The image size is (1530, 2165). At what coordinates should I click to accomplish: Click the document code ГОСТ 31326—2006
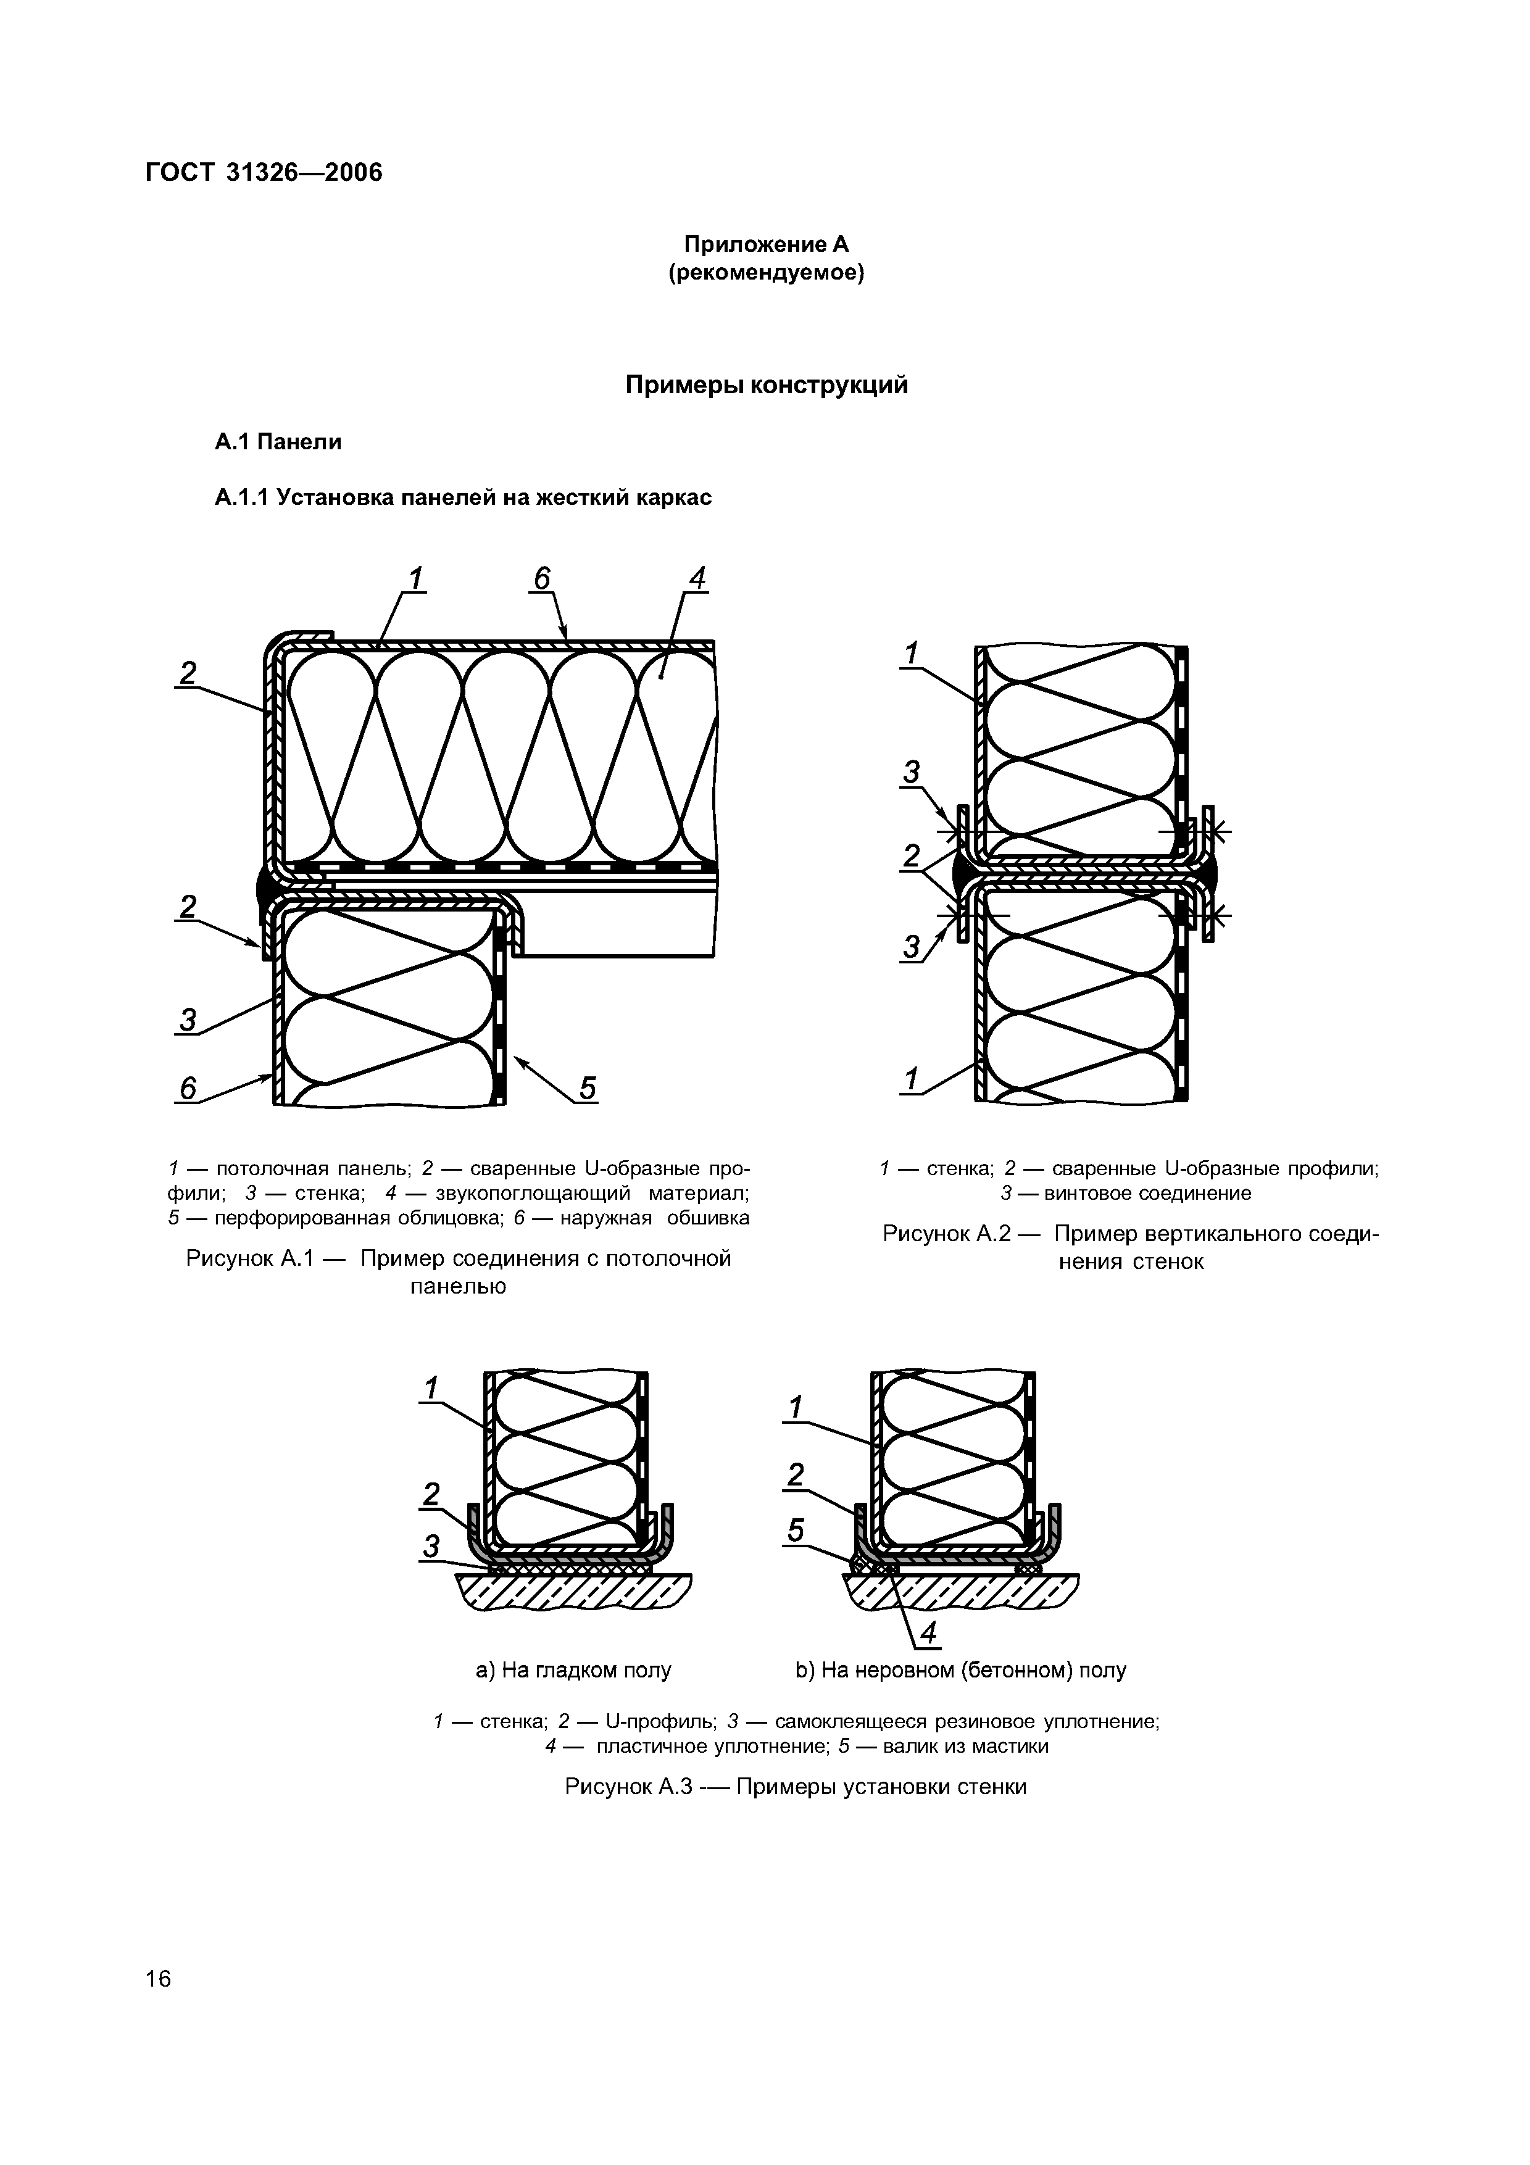pyautogui.click(x=264, y=173)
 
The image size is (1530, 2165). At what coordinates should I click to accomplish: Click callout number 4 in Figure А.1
pyautogui.click(x=697, y=578)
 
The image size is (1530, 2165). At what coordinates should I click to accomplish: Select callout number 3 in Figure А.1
pyautogui.click(x=188, y=1020)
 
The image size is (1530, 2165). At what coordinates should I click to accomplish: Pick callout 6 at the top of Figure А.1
pyautogui.click(x=541, y=578)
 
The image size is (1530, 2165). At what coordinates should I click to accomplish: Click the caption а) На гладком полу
pyautogui.click(x=573, y=1671)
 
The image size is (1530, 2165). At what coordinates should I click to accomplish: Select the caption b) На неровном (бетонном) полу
pyautogui.click(x=960, y=1671)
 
